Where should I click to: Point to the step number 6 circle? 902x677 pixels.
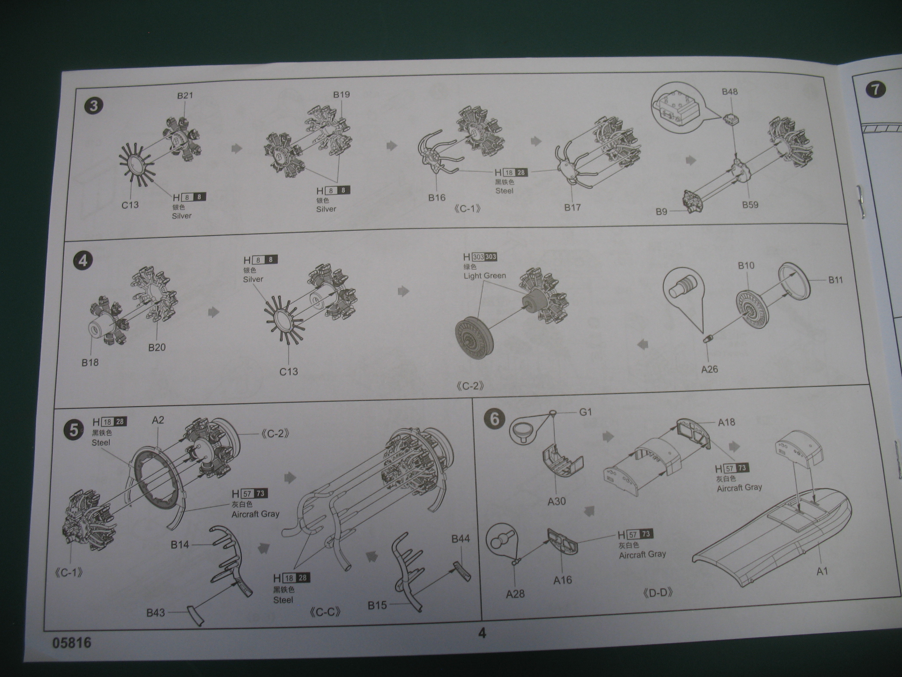click(x=495, y=418)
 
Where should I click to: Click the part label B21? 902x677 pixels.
click(x=185, y=96)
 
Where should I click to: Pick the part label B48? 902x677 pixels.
click(x=730, y=92)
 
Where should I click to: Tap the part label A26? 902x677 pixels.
click(x=709, y=369)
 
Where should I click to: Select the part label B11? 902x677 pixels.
click(x=835, y=279)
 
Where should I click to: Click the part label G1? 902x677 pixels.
click(x=585, y=412)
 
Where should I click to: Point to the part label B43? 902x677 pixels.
click(x=155, y=612)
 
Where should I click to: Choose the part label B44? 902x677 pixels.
click(x=460, y=539)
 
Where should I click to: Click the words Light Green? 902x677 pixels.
click(x=484, y=276)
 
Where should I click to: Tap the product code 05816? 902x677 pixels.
click(x=72, y=643)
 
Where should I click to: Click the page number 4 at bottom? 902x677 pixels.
click(x=482, y=633)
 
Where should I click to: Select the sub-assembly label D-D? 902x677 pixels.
click(x=658, y=593)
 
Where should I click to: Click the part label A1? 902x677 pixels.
click(x=822, y=571)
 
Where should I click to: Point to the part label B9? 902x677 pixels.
click(x=662, y=212)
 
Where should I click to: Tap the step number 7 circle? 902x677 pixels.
click(x=875, y=90)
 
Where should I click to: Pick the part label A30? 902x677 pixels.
click(x=557, y=501)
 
